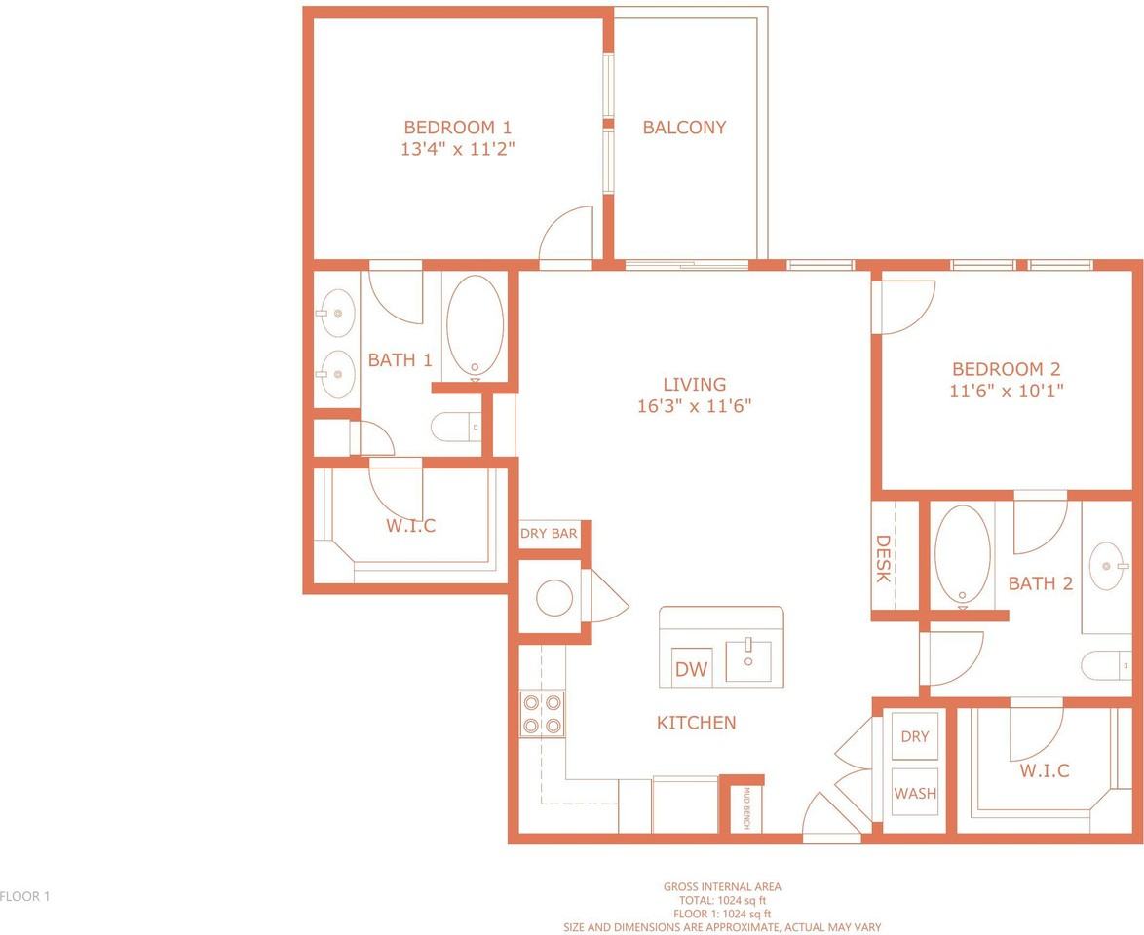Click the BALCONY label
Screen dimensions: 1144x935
tap(684, 128)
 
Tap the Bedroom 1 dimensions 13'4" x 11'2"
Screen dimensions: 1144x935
tap(458, 150)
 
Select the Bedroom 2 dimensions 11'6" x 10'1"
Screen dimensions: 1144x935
tap(1006, 391)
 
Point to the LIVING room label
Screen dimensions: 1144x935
tap(695, 384)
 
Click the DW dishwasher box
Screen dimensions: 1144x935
tap(691, 667)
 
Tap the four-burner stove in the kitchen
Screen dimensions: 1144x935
tap(542, 713)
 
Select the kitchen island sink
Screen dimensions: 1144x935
tap(747, 660)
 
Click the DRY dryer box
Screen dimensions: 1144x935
tap(915, 736)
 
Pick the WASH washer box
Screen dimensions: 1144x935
tap(915, 793)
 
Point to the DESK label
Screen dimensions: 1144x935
tap(883, 559)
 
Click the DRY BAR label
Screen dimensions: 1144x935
tap(549, 533)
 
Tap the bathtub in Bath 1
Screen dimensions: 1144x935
tap(475, 327)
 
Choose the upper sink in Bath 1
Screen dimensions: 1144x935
tap(337, 313)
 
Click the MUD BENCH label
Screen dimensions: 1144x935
tap(747, 808)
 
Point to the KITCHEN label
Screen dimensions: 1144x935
tap(696, 723)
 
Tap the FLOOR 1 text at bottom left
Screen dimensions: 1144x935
tap(24, 896)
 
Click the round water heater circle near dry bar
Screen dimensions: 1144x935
tap(554, 598)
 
